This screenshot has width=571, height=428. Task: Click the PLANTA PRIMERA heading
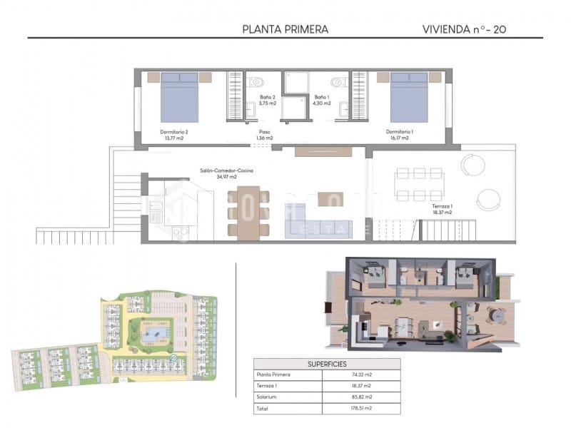[x=285, y=29]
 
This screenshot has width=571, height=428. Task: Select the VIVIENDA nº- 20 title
[x=464, y=29]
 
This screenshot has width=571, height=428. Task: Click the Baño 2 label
[x=266, y=100]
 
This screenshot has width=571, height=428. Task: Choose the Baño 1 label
[x=323, y=100]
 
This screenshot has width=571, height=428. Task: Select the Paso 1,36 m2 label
[x=265, y=135]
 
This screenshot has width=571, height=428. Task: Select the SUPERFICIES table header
[x=327, y=363]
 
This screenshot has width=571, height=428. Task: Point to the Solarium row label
[x=266, y=397]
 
